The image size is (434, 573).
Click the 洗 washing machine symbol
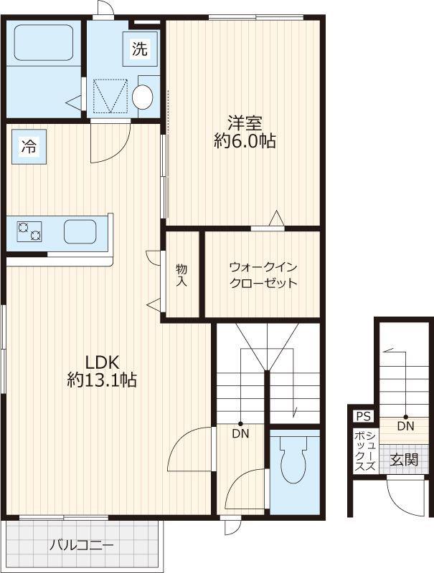click(140, 49)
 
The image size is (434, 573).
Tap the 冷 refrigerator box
click(29, 147)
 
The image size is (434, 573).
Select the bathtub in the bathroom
click(44, 43)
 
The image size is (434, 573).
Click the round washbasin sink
click(142, 97)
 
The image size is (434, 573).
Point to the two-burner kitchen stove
click(29, 231)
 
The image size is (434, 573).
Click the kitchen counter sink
click(80, 231)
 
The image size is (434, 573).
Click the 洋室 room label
click(245, 123)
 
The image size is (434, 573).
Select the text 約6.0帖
click(245, 141)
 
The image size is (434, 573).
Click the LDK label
click(102, 362)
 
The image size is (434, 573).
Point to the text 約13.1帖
click(102, 380)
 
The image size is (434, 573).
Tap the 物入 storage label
click(181, 276)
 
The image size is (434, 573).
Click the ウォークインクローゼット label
click(263, 275)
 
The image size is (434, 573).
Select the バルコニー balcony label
click(82, 546)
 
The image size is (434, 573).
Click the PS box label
click(364, 416)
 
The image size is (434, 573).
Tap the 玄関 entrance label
click(404, 460)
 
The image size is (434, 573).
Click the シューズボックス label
click(365, 451)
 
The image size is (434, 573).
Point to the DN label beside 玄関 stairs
click(405, 425)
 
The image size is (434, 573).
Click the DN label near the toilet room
click(240, 433)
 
